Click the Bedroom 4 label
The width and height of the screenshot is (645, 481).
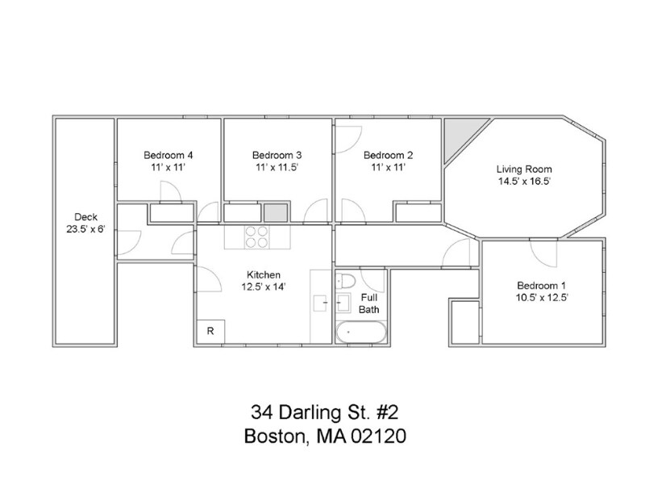click(169, 155)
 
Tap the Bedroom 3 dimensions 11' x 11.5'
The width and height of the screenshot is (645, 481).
click(277, 167)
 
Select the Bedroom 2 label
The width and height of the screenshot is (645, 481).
click(389, 155)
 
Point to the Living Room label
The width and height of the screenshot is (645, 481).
click(524, 169)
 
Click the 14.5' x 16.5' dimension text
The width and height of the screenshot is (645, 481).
click(525, 182)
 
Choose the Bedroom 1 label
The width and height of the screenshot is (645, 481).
click(541, 286)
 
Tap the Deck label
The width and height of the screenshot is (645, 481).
click(86, 217)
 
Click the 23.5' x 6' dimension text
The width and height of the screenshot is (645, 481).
click(86, 229)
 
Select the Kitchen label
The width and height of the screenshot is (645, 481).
click(264, 274)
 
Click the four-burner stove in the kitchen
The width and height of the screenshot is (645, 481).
click(257, 236)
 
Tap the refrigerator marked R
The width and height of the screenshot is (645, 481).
click(210, 331)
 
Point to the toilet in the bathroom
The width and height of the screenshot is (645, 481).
click(345, 282)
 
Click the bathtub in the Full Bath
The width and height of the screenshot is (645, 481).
click(361, 332)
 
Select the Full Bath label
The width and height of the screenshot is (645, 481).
click(369, 303)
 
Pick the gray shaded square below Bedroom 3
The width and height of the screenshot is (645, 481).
click(275, 212)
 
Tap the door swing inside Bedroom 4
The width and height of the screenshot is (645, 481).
click(170, 192)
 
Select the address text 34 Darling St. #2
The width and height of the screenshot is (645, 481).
click(325, 412)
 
